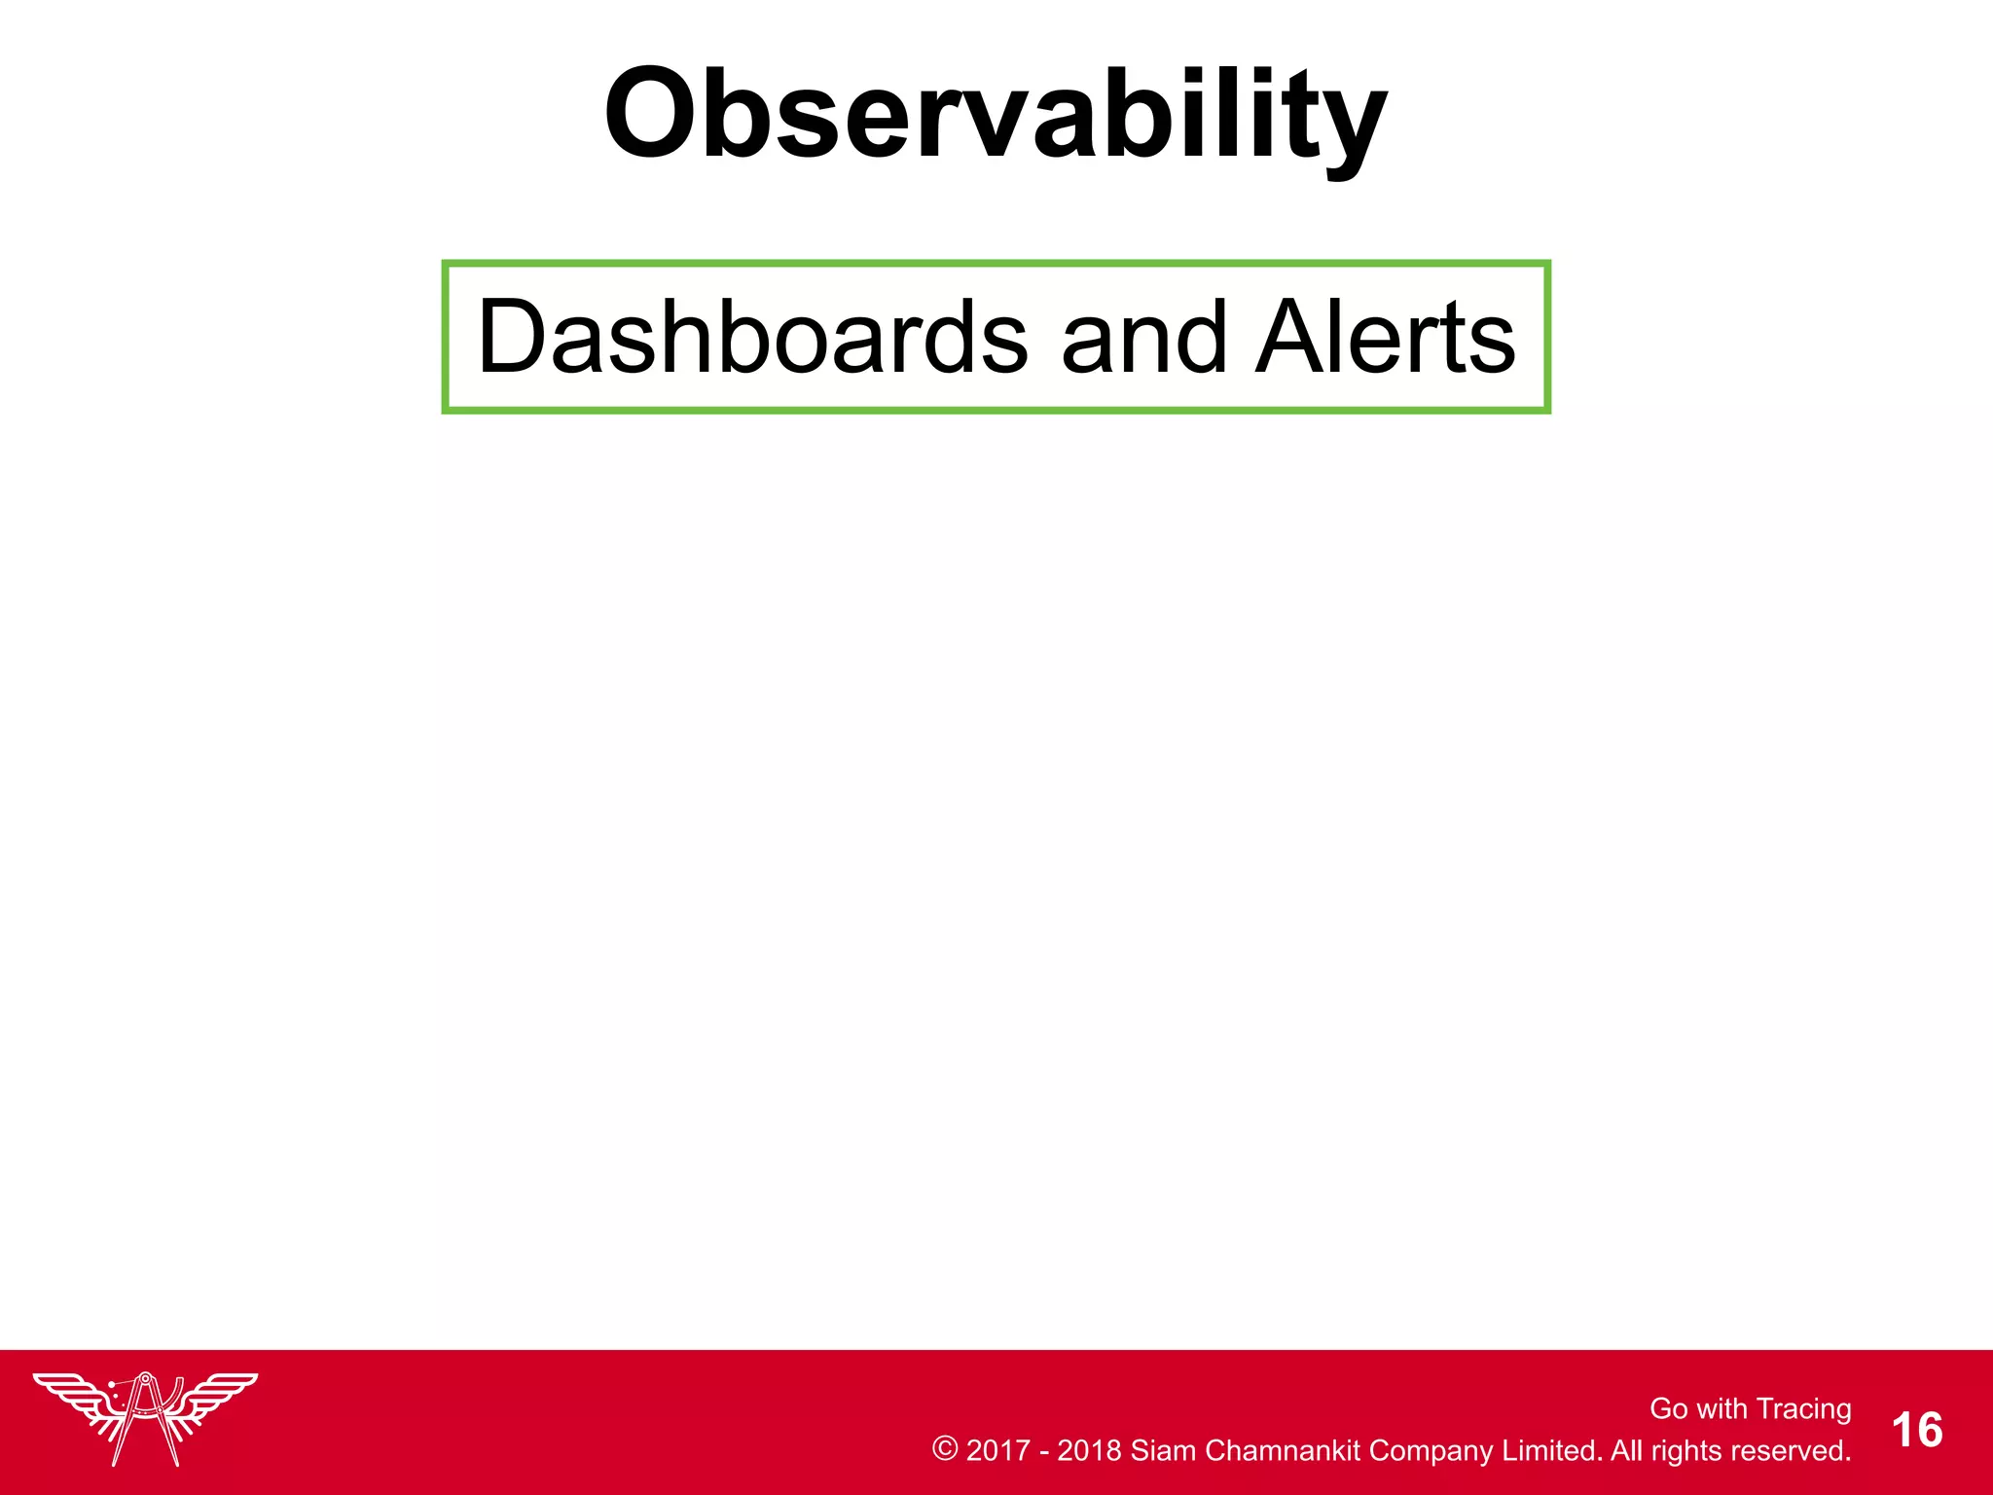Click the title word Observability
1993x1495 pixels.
pyautogui.click(x=995, y=115)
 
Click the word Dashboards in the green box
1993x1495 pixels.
pyautogui.click(x=752, y=337)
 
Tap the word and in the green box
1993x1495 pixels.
pyautogui.click(x=1143, y=337)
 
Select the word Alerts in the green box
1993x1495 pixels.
pyautogui.click(x=1386, y=337)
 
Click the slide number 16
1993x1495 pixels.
pyautogui.click(x=1917, y=1431)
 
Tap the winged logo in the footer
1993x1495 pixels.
pyautogui.click(x=146, y=1416)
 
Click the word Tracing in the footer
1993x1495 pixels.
pyautogui.click(x=1804, y=1408)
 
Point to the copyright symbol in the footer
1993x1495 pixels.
pyautogui.click(x=944, y=1448)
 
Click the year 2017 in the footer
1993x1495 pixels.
pyautogui.click(x=997, y=1450)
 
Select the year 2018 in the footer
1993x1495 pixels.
pyautogui.click(x=1089, y=1450)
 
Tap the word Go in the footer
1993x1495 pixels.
pyautogui.click(x=1668, y=1408)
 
